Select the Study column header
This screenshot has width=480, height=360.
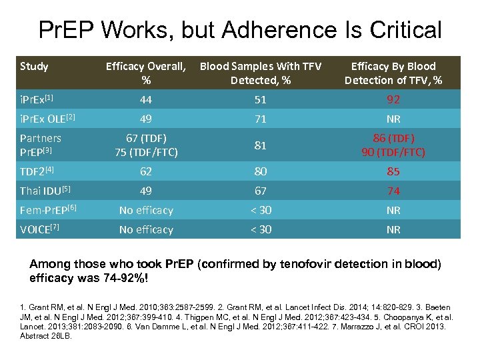pos(34,66)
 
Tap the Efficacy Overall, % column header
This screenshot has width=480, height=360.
pos(146,73)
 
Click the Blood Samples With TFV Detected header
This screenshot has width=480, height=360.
pos(261,73)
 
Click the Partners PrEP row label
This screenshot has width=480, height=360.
pos(41,145)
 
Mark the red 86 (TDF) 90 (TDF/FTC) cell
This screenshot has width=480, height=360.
pos(393,145)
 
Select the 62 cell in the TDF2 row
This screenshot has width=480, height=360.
pos(145,171)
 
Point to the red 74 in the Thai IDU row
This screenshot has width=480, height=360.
pos(393,191)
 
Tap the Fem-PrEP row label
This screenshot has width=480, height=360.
pos(48,210)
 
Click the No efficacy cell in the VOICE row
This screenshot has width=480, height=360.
pos(145,229)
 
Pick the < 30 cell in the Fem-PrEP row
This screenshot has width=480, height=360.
pos(260,210)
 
